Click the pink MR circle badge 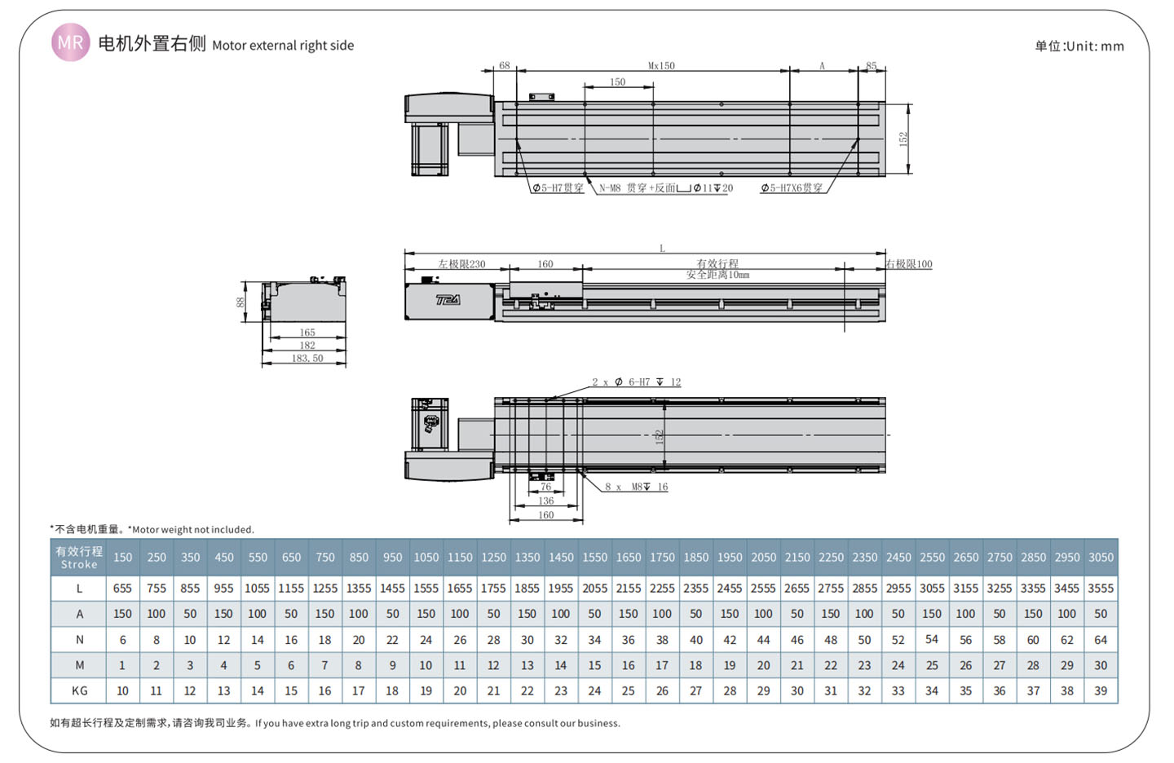70,42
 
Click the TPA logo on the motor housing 448,300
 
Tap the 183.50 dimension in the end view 307,359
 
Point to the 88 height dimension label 241,302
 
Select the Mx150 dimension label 661,65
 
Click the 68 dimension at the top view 504,65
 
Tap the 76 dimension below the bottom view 545,487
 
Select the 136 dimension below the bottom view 545,501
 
